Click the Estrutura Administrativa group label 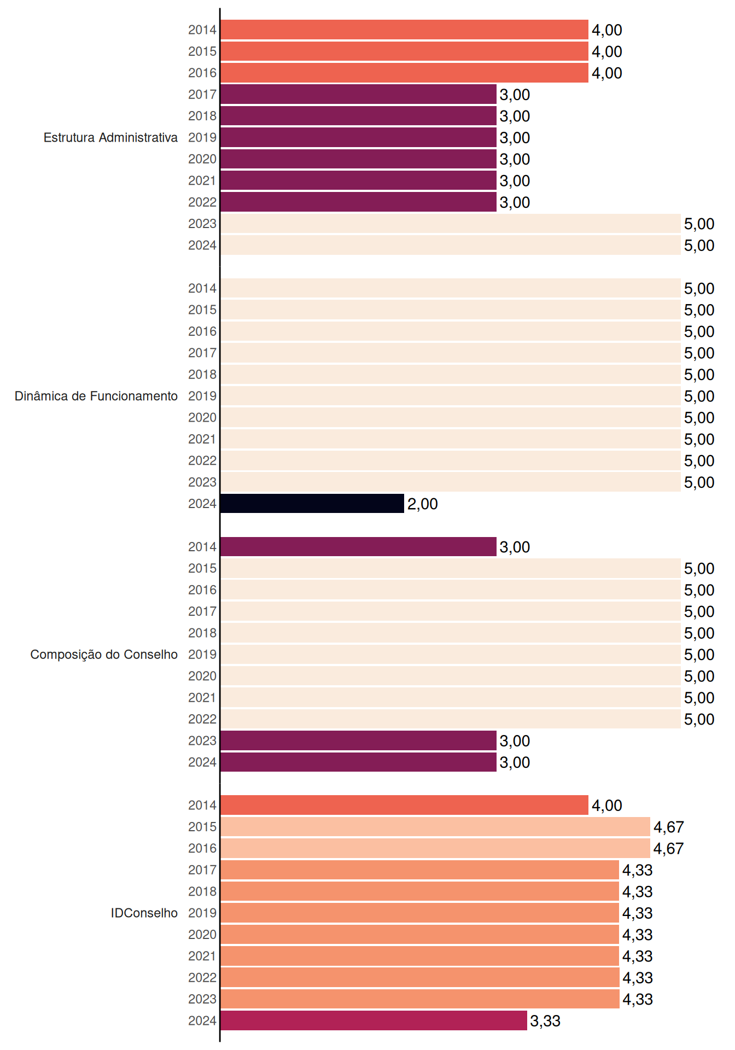(110, 137)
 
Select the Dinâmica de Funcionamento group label (96, 396)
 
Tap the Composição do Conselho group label (104, 655)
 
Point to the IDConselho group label (144, 913)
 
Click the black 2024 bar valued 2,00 (312, 504)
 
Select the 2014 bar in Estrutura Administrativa (405, 30)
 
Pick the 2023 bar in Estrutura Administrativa (451, 224)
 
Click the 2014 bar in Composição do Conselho (359, 547)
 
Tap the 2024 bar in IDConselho (374, 1020)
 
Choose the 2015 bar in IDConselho (435, 827)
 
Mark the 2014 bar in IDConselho (405, 805)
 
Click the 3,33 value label (545, 1021)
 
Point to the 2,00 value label (422, 504)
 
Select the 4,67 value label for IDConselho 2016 (668, 849)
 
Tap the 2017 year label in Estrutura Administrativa (202, 95)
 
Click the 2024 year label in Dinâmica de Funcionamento (202, 504)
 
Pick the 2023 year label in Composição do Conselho (202, 740)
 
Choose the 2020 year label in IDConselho (202, 935)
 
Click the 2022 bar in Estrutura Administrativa (359, 202)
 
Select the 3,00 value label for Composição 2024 (515, 762)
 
